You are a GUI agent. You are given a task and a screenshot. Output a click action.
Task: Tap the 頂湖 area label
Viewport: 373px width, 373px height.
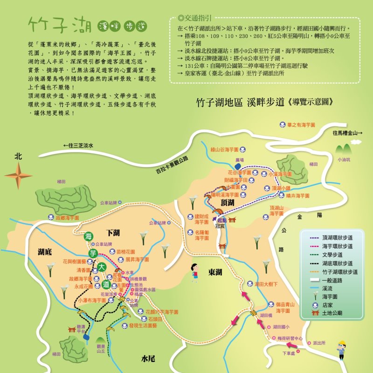[228, 202]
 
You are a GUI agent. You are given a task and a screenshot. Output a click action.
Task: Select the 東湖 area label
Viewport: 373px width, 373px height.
[215, 272]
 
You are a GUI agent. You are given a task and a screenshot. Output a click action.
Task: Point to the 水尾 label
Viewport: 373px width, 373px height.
[148, 358]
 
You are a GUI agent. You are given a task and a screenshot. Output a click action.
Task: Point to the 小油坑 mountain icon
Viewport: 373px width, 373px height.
[345, 149]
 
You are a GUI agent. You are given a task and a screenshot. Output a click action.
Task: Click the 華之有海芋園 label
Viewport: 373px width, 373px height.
[301, 125]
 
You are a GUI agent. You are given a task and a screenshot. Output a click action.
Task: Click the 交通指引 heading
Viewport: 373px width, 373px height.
[195, 19]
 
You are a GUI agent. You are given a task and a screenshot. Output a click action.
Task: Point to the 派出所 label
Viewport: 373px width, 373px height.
[319, 343]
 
